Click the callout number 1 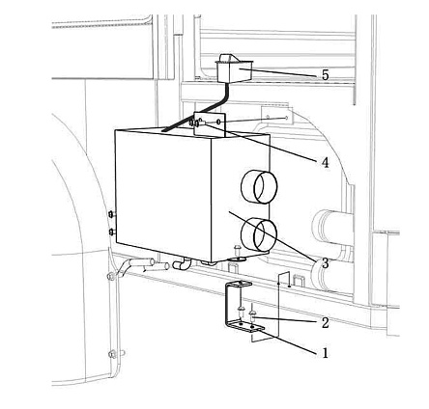click(326, 353)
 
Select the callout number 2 click(326, 323)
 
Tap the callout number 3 click(326, 263)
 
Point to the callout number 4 click(326, 162)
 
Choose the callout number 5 click(326, 75)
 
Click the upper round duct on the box click(259, 187)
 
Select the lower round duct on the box click(259, 234)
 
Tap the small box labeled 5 click(235, 69)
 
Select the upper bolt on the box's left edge click(112, 214)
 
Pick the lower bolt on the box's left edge click(112, 232)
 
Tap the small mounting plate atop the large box click(209, 124)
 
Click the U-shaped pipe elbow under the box click(182, 263)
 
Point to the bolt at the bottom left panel click(113, 354)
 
